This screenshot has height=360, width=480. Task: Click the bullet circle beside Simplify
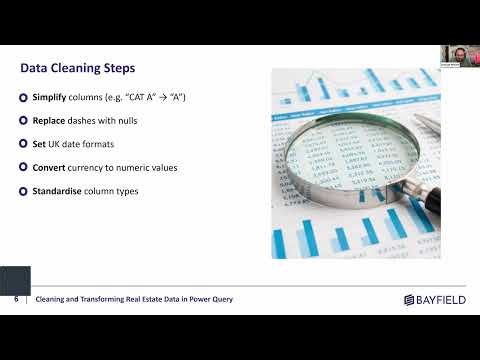23,97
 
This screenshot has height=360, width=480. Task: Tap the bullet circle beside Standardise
23,191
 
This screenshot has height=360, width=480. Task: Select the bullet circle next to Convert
23,167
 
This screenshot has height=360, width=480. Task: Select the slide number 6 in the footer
16,299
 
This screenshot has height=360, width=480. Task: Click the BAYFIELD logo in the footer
436,299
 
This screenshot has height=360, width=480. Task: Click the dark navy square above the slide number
15,280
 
